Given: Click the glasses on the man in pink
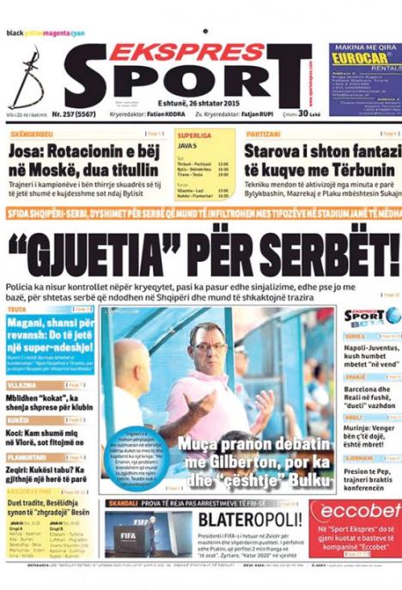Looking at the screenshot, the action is [x=210, y=347].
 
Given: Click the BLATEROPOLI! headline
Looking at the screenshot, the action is [x=250, y=520].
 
